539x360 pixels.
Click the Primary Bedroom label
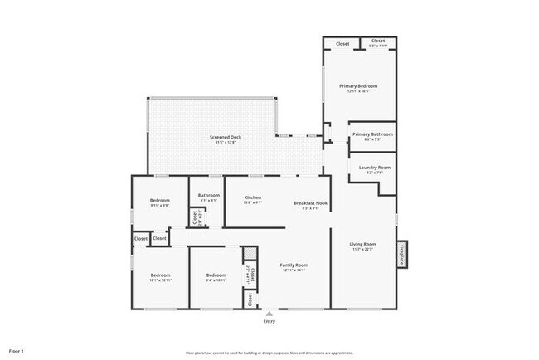358,86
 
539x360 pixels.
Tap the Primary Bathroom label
372,134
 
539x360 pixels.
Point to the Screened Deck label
224,137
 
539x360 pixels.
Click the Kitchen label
252,197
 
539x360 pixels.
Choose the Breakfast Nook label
310,203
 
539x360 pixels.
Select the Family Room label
294,266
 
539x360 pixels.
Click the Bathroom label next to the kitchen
208,196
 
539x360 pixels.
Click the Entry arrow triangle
269,314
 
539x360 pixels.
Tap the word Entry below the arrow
269,323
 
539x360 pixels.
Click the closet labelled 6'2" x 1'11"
378,42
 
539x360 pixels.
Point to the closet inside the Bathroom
195,218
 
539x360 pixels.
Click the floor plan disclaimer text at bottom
269,352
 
